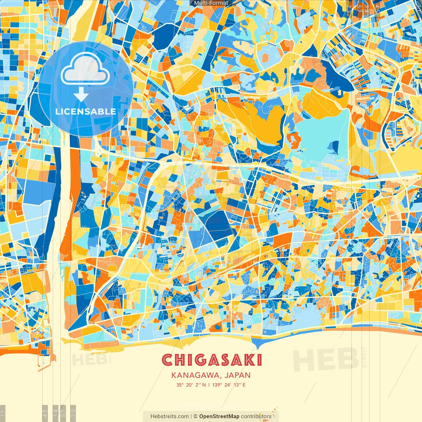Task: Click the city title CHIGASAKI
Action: [x=212, y=360]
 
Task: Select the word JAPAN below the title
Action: [x=238, y=375]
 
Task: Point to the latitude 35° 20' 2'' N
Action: [x=191, y=385]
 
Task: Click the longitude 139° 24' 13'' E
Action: [x=229, y=385]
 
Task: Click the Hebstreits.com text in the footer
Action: [x=169, y=416]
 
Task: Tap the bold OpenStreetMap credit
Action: [x=219, y=416]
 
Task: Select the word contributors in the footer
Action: [x=256, y=416]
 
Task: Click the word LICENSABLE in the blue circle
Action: [x=86, y=111]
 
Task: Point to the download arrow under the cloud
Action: [x=81, y=95]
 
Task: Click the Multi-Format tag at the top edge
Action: [x=211, y=3]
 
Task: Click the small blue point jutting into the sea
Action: [x=258, y=345]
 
